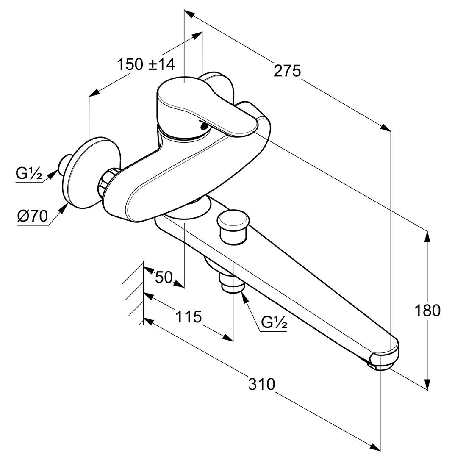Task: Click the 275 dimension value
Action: [287, 70]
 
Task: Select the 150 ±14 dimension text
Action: [146, 65]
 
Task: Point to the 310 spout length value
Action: [261, 384]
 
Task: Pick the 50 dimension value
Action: [164, 277]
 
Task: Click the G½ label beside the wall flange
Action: [29, 173]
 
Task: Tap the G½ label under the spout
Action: [274, 323]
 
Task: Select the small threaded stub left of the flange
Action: [64, 163]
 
